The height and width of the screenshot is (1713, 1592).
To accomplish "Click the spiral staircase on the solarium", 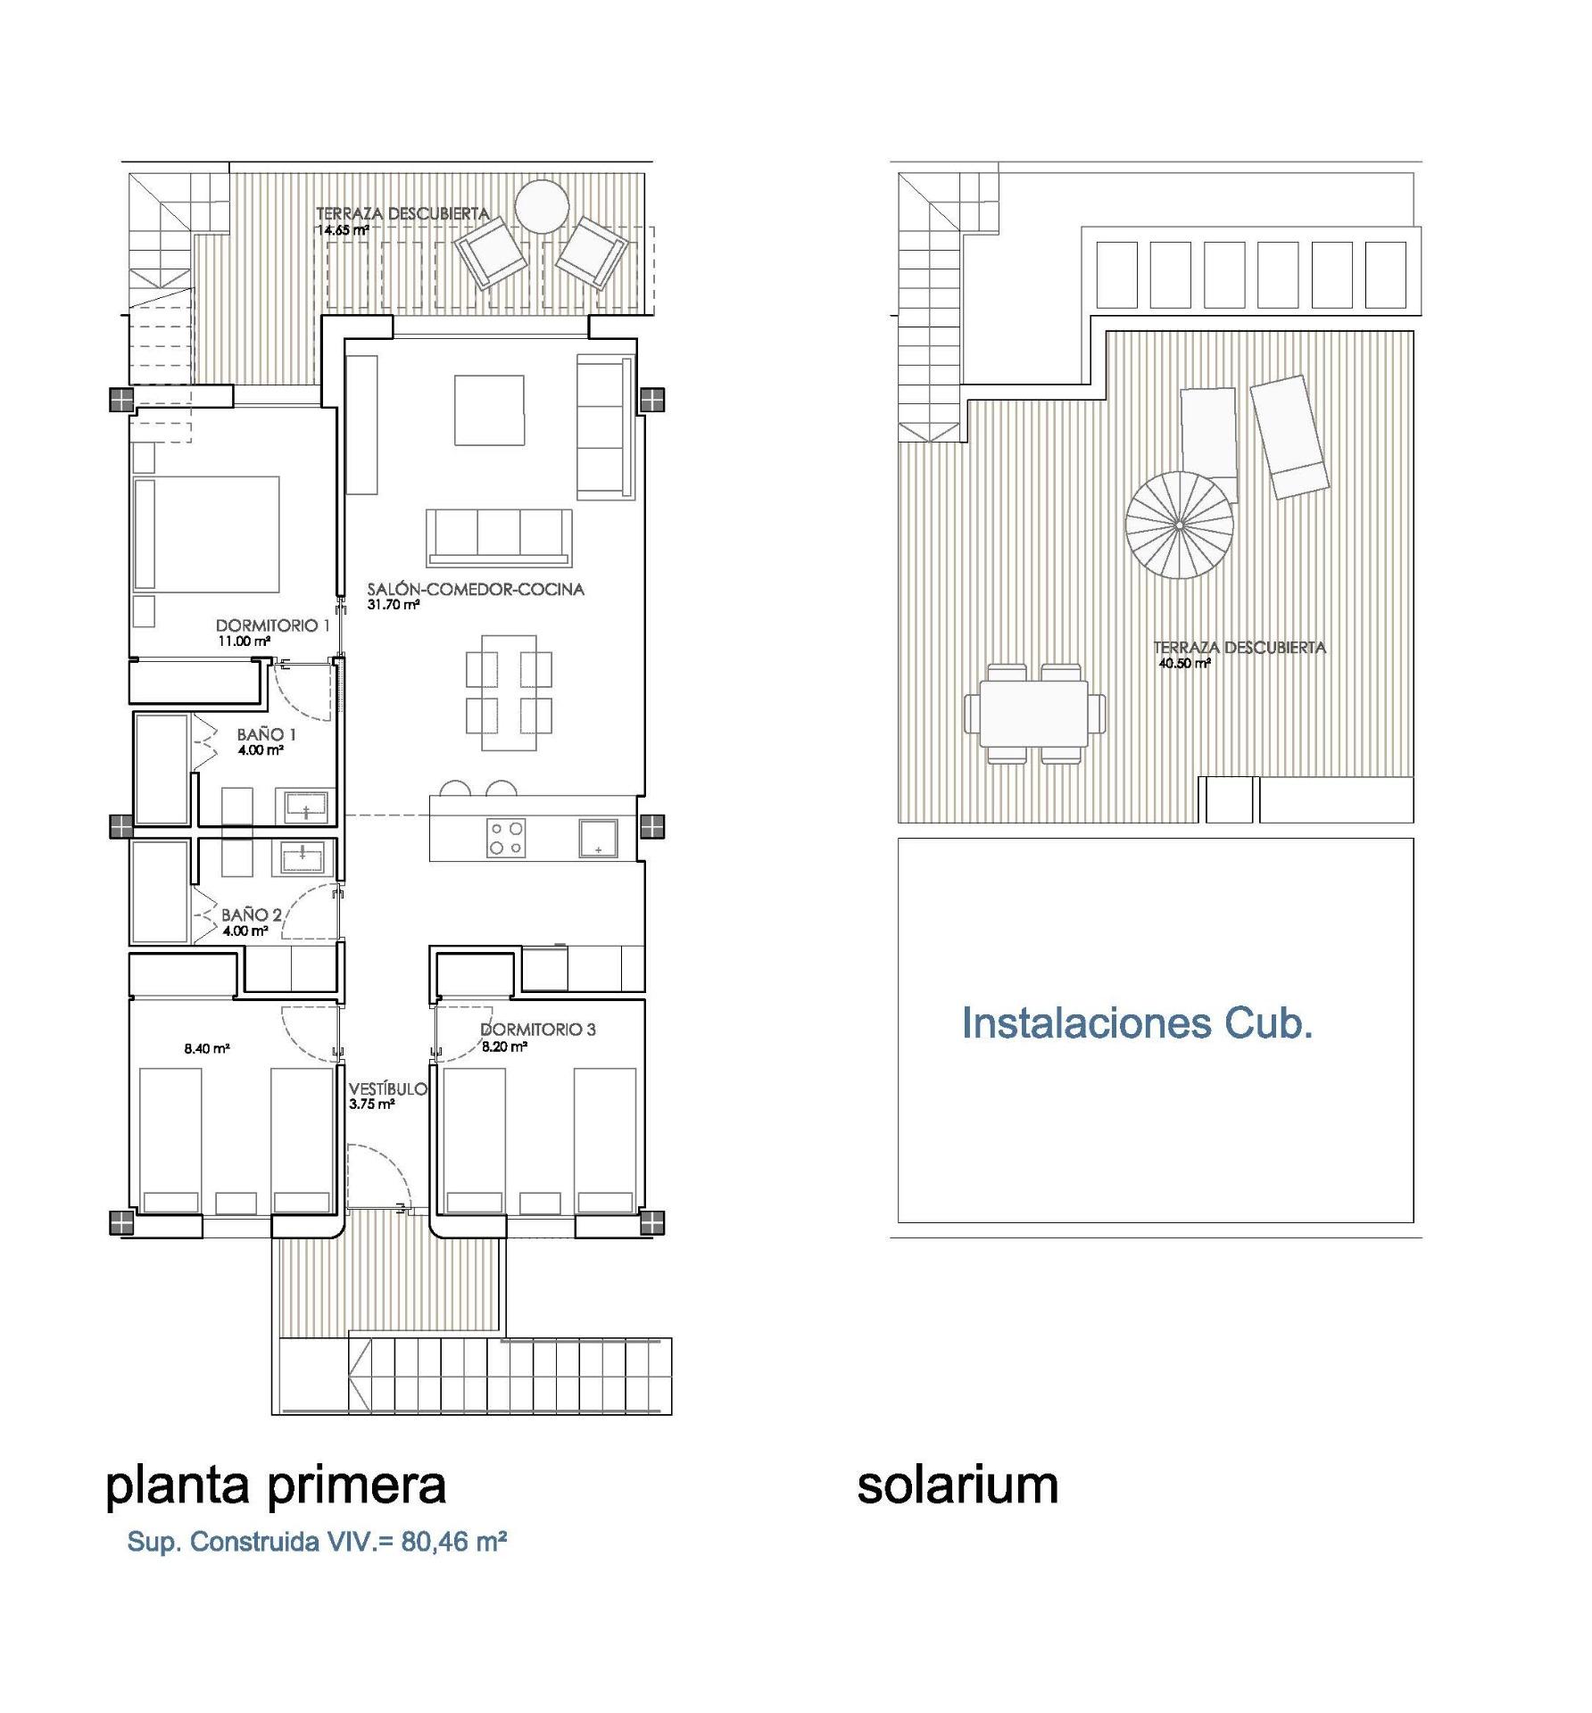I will click(x=1178, y=525).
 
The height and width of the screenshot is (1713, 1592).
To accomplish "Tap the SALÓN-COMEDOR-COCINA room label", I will click(x=476, y=589).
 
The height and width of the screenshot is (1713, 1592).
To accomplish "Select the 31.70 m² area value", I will click(x=393, y=605).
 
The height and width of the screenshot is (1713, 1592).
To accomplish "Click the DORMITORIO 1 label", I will click(x=272, y=625).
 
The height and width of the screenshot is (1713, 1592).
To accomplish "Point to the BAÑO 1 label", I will click(x=266, y=734).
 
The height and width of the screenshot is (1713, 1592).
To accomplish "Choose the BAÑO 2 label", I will click(x=251, y=914).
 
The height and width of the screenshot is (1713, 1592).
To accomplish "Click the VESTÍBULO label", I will click(x=387, y=1089).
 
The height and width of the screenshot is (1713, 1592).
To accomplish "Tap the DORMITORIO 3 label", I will click(x=537, y=1029).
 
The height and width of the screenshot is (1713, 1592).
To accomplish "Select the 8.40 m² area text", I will click(x=207, y=1048).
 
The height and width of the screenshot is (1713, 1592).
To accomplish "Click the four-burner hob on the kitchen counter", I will click(x=505, y=838).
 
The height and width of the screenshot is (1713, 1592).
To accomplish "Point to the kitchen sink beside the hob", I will click(x=597, y=838).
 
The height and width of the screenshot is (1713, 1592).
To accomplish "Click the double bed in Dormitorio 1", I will click(x=206, y=534).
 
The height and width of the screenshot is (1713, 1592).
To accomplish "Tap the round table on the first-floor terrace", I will click(x=542, y=207).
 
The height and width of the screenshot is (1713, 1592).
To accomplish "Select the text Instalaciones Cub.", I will click(x=1136, y=1023).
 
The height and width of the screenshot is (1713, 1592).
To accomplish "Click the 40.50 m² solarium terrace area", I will click(x=1183, y=664).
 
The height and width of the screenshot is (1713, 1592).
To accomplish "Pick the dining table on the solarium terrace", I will click(x=1033, y=714).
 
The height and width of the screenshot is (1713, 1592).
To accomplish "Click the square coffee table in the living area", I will click(x=488, y=410).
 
